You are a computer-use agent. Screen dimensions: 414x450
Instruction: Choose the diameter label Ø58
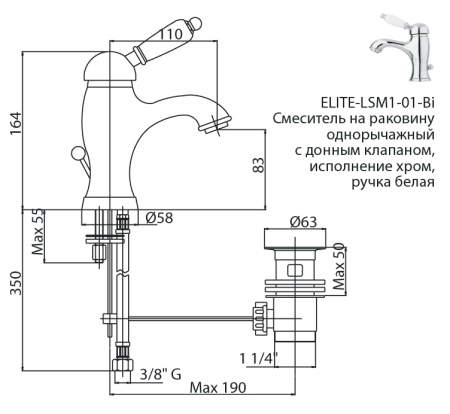tap(160, 219)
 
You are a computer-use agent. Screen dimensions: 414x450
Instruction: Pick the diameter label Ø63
tap(303, 223)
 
